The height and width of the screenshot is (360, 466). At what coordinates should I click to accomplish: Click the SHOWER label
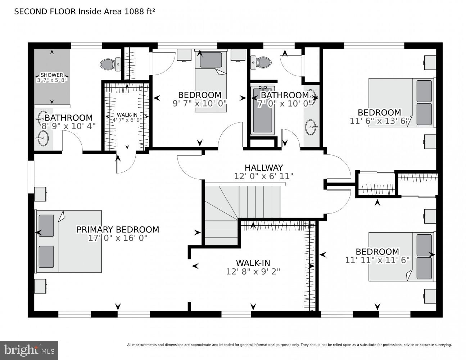(x=52, y=75)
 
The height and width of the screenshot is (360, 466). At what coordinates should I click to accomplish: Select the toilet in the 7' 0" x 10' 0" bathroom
(x=261, y=62)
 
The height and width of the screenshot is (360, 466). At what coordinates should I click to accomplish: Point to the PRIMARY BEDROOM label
(x=118, y=230)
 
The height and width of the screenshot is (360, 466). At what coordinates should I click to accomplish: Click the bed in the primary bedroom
(x=68, y=241)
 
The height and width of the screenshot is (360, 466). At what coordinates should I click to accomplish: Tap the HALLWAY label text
(x=264, y=168)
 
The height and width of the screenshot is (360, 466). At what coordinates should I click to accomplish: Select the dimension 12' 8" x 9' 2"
(x=253, y=271)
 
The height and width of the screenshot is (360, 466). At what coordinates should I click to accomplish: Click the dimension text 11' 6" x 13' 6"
(x=379, y=121)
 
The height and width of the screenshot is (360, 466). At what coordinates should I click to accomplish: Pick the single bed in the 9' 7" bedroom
(x=211, y=81)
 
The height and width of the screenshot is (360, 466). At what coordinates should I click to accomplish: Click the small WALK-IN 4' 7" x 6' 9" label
(x=127, y=117)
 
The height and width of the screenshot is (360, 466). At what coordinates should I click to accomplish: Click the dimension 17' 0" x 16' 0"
(x=118, y=238)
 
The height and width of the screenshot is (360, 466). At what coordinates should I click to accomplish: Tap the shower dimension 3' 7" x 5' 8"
(x=52, y=80)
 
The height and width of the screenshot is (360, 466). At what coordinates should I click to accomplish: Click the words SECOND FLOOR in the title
(x=45, y=12)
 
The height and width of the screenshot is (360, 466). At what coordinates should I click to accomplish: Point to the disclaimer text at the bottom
(x=289, y=345)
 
